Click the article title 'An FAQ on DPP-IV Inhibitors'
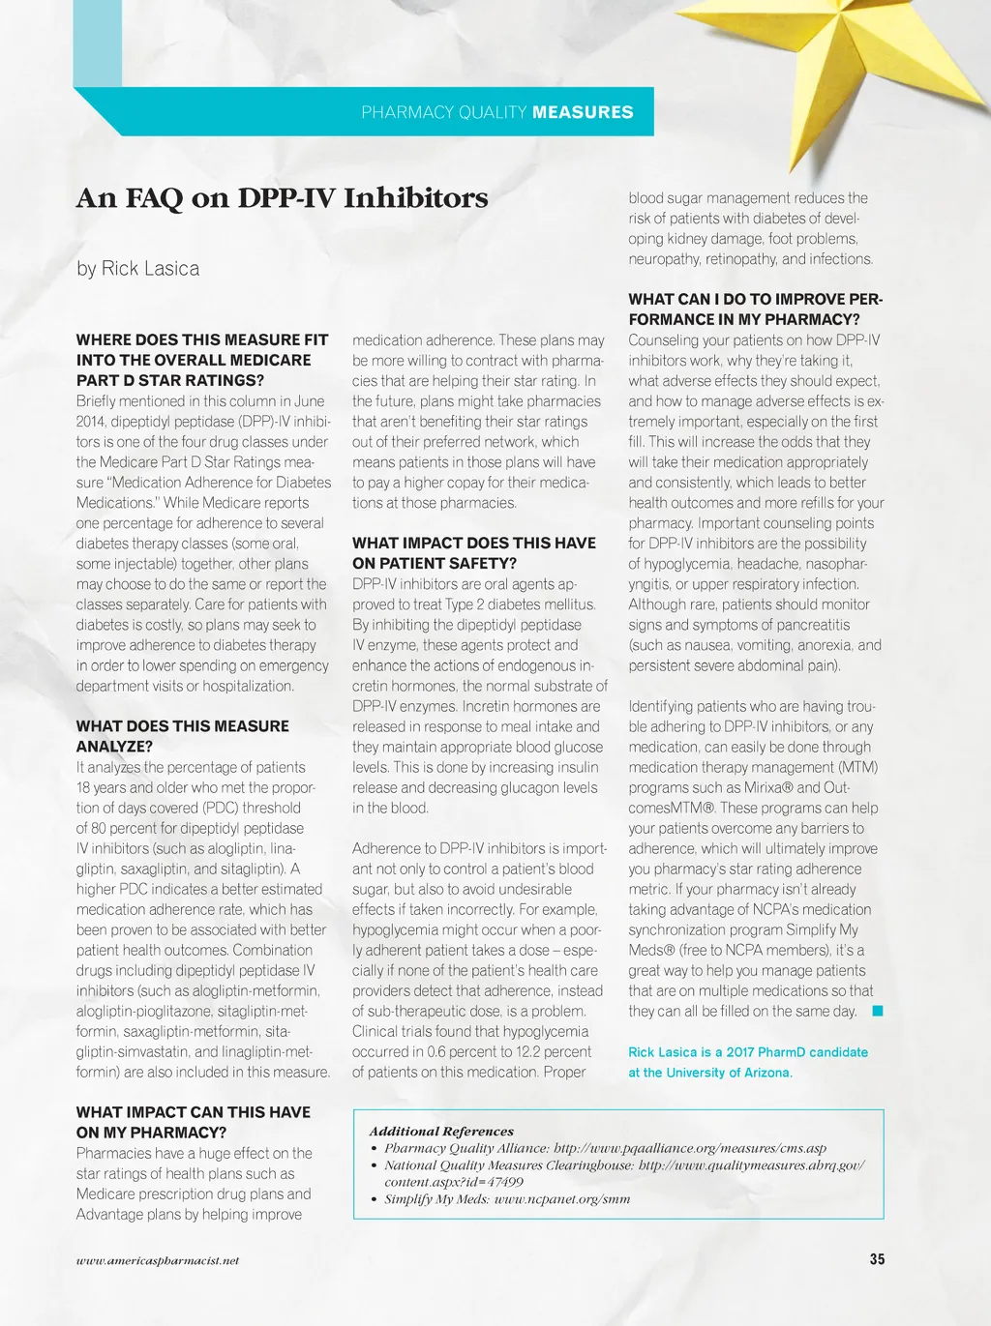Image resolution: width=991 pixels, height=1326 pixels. [282, 198]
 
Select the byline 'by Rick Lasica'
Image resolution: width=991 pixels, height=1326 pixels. [137, 269]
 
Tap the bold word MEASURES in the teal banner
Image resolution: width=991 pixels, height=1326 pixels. [583, 112]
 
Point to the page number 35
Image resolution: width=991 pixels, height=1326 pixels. [877, 1259]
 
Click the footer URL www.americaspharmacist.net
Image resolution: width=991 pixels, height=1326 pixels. [158, 1260]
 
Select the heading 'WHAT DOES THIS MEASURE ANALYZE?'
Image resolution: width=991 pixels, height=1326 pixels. [182, 736]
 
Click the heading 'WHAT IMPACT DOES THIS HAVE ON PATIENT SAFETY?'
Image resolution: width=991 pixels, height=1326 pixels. [473, 553]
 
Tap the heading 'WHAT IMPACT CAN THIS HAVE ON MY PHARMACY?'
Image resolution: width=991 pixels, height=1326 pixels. [193, 1122]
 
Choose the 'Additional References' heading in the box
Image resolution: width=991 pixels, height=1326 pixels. [441, 1131]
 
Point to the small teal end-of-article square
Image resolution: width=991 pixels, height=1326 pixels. [877, 1011]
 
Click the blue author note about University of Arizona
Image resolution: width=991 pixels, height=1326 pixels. [747, 1062]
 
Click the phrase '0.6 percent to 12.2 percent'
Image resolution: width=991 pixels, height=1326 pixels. [509, 1051]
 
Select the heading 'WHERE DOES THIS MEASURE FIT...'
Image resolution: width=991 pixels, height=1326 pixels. [201, 360]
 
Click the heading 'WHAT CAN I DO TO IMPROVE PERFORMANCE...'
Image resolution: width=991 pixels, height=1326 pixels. [755, 309]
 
